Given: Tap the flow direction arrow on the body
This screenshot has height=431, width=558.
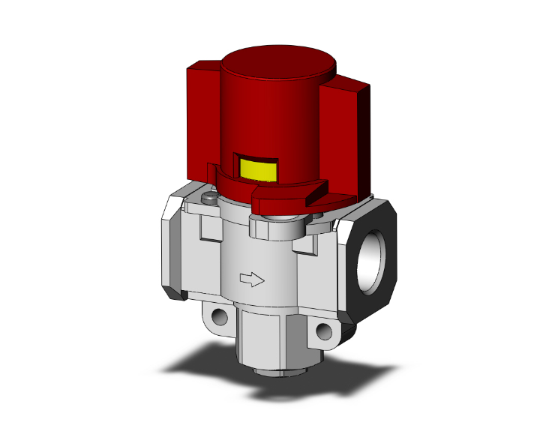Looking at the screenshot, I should (251, 280).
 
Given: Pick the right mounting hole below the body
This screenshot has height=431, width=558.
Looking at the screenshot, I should (323, 331).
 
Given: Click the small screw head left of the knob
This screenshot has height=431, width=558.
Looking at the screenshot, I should (209, 198).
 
